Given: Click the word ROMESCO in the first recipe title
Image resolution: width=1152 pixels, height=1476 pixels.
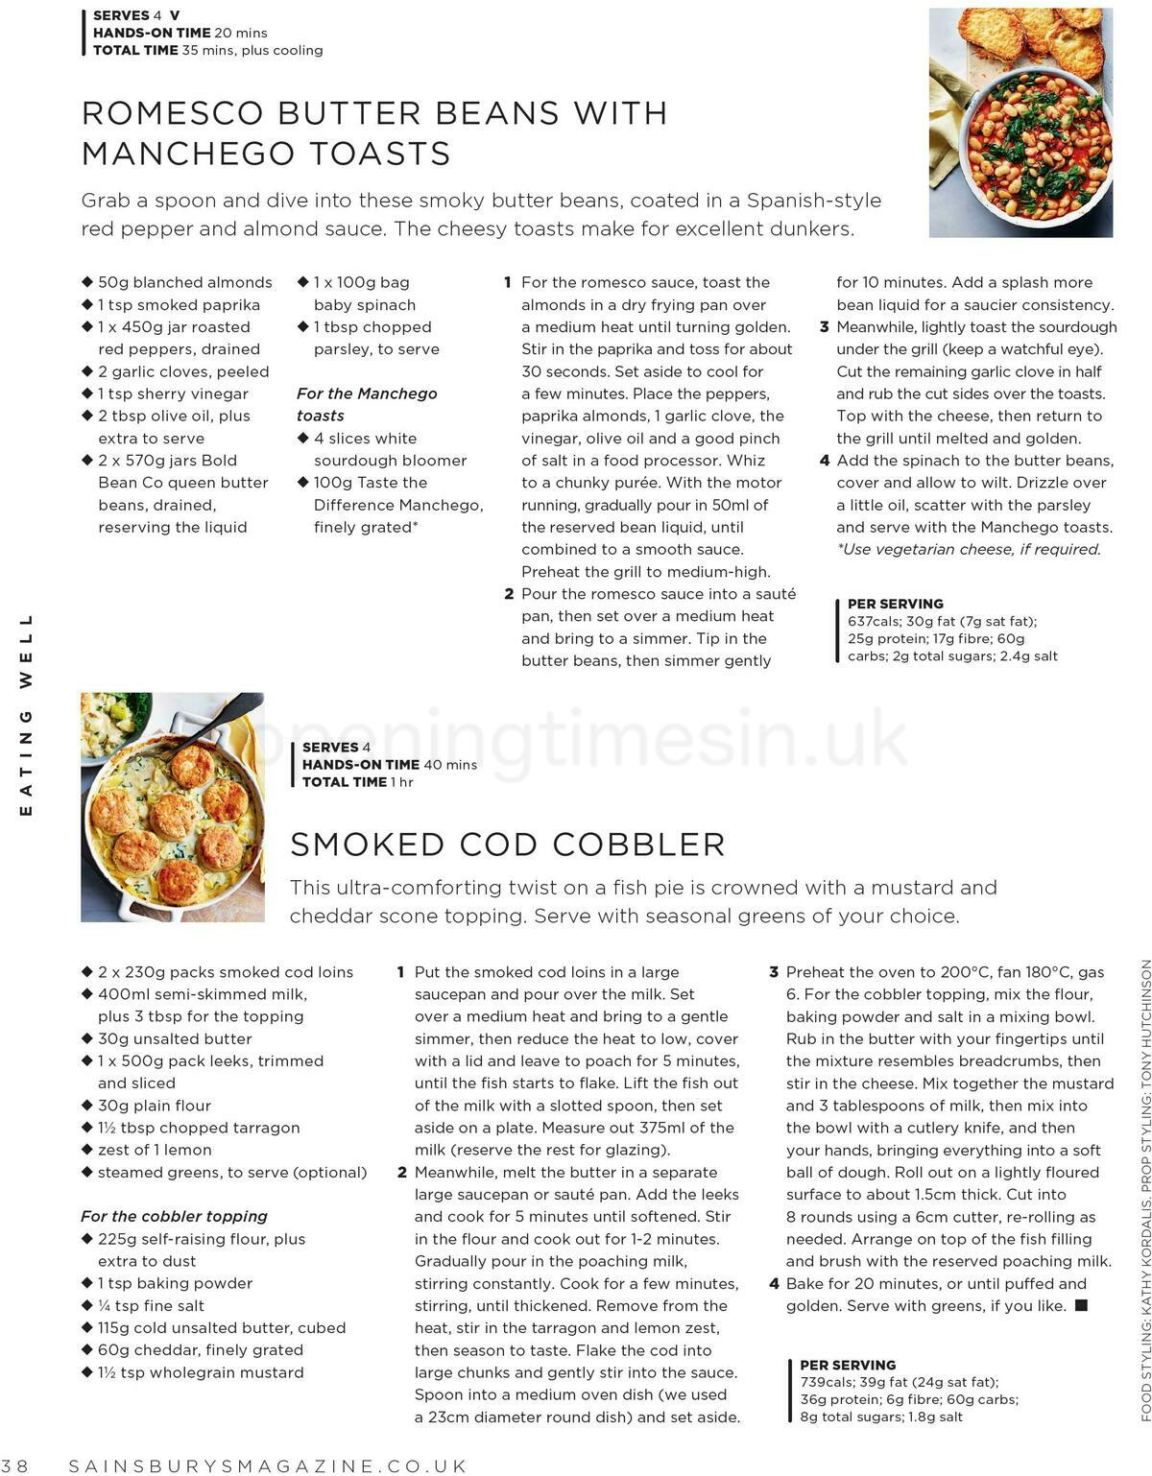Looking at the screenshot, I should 173,113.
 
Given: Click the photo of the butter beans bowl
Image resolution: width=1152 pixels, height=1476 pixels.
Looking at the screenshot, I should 1020,123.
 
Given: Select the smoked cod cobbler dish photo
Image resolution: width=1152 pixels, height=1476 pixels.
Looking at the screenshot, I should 173,807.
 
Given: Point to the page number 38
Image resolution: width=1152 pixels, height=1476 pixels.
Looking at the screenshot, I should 16,1465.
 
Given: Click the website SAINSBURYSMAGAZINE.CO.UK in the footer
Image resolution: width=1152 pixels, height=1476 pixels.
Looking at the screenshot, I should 268,1465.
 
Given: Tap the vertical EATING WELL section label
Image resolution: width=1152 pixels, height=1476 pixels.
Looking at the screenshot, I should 26,714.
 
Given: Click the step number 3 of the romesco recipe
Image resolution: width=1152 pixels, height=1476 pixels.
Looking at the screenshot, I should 824,327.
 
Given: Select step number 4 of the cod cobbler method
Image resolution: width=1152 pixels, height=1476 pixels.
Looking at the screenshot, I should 774,1284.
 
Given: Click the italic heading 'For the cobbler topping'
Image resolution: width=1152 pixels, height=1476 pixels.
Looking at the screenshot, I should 174,1216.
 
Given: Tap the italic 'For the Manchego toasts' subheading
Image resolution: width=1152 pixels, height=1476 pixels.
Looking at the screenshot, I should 366,404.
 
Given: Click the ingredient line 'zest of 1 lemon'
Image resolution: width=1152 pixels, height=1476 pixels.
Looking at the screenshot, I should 155,1150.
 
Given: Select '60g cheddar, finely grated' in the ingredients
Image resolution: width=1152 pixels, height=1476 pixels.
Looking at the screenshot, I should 200,1349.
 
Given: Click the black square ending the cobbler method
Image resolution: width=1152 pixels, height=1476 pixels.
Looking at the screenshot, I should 1081,1305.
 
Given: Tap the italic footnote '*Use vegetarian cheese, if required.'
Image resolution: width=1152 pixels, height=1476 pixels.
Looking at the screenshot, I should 969,549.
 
